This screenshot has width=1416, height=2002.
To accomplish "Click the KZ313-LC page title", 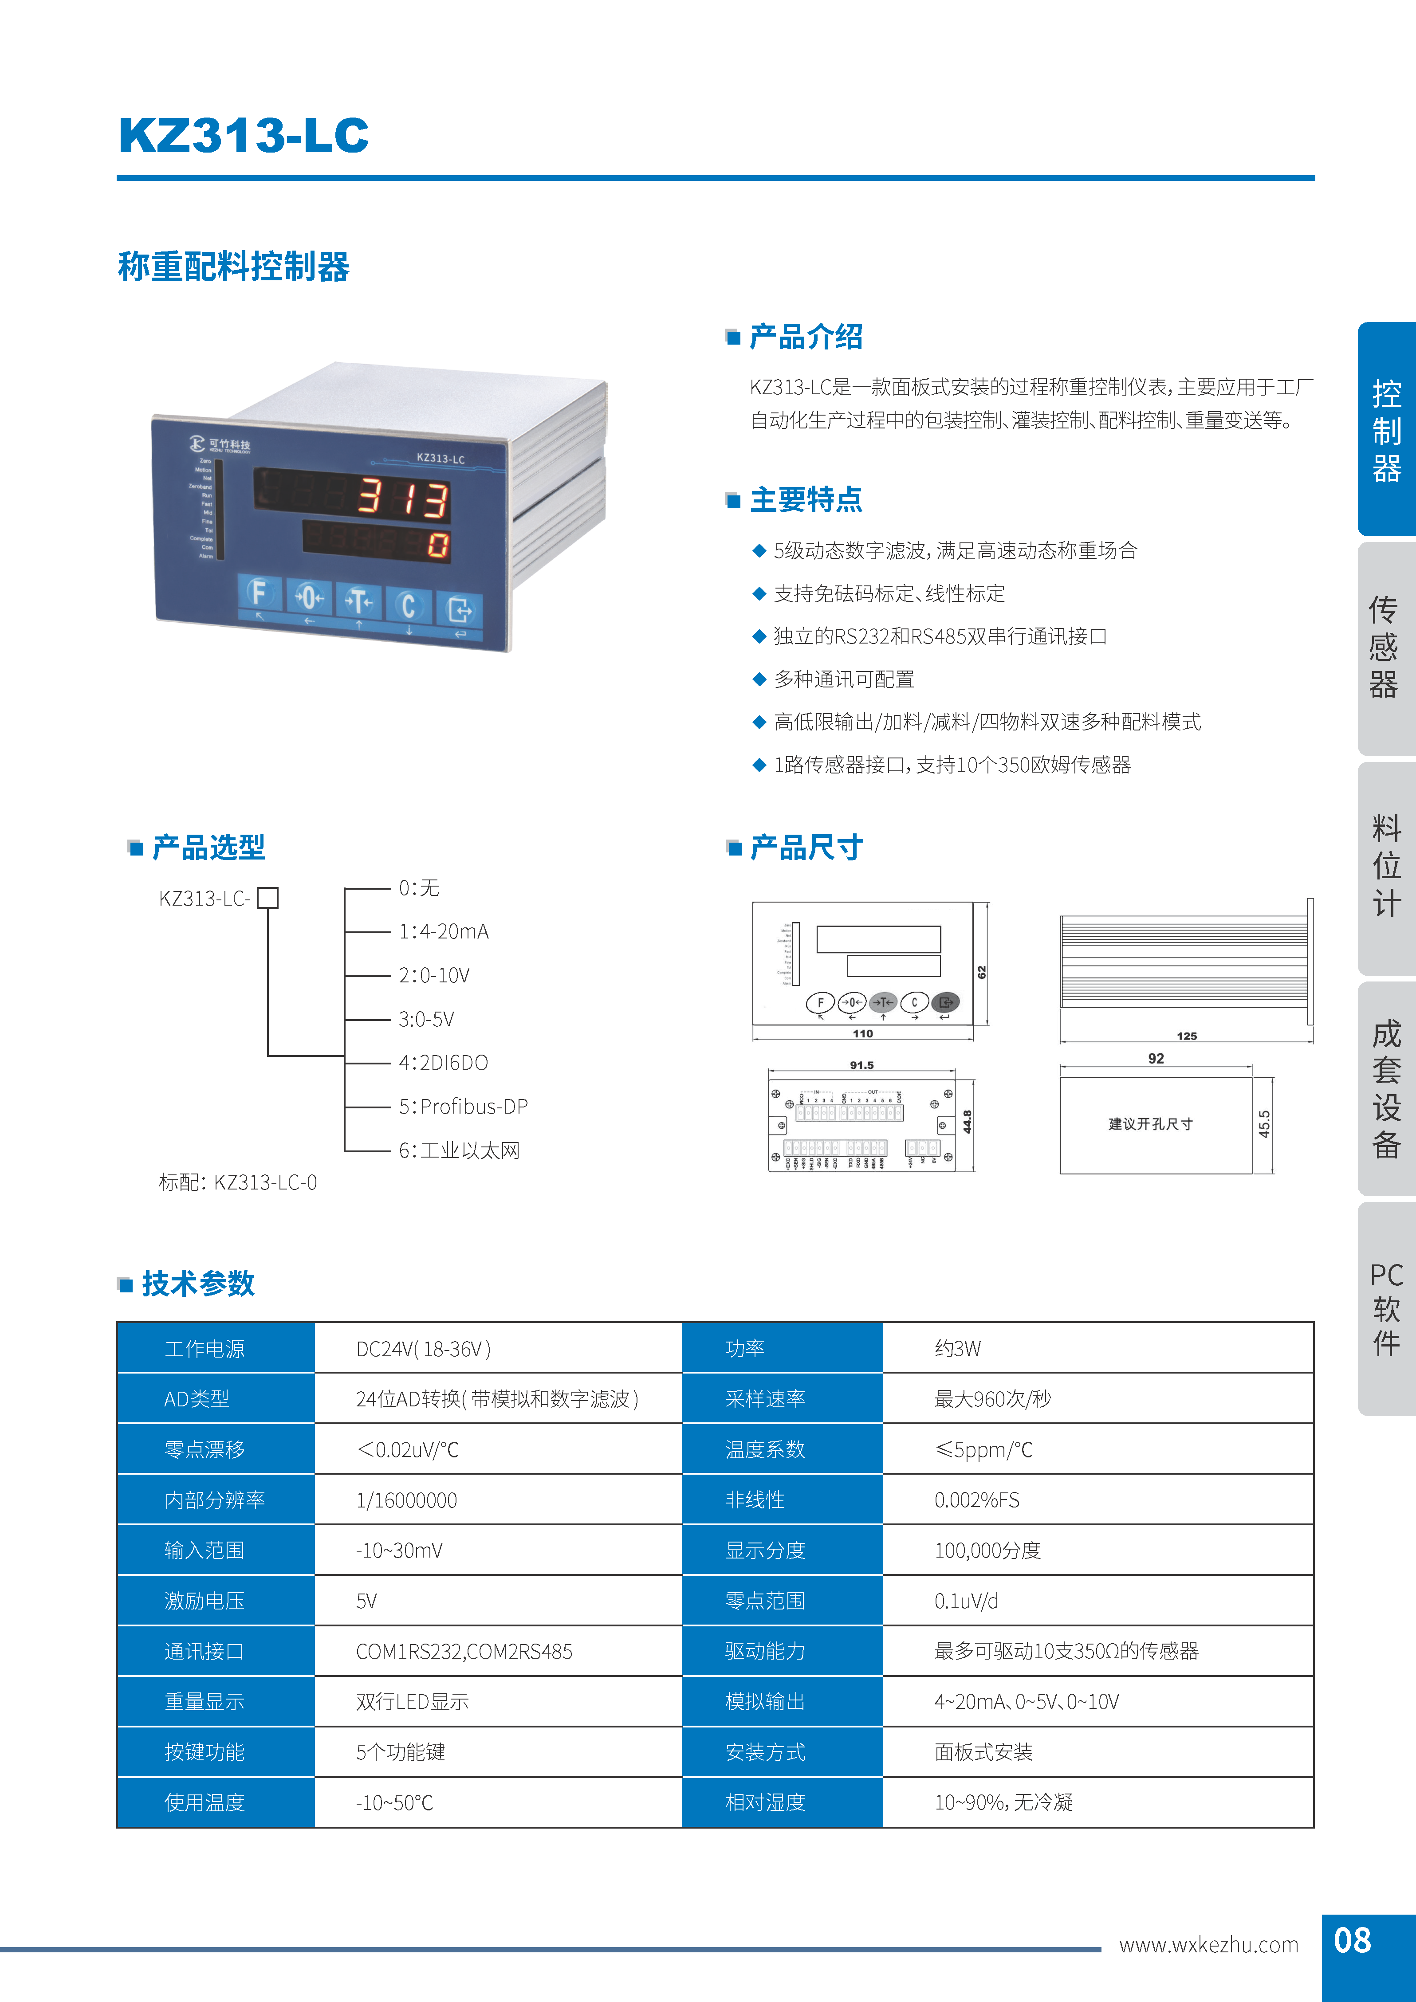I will [x=243, y=136].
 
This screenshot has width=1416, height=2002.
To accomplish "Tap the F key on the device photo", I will [x=258, y=594].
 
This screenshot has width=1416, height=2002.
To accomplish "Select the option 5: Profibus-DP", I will [x=463, y=1107].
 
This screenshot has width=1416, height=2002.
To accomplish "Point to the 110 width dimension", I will [x=862, y=1033].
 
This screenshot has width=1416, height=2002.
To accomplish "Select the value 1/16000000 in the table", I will [x=406, y=1500].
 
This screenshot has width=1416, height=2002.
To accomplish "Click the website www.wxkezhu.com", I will [x=1208, y=1944].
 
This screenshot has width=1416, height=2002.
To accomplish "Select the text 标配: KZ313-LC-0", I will [x=238, y=1182].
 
